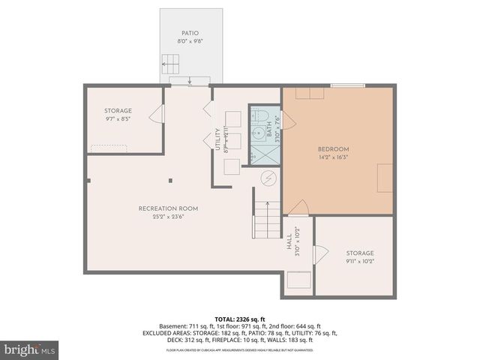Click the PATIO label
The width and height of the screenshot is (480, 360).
point(189,33)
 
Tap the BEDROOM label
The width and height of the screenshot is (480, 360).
point(333,149)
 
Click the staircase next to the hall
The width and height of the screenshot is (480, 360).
point(265,218)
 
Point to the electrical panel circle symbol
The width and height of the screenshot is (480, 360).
point(267,178)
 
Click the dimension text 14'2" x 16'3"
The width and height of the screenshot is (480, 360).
point(333,157)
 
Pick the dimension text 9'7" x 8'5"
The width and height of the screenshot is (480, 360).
point(118,118)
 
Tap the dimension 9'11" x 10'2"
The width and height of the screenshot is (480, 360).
point(359,262)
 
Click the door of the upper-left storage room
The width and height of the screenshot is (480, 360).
point(157,115)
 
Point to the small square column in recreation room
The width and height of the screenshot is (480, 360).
point(170,180)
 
